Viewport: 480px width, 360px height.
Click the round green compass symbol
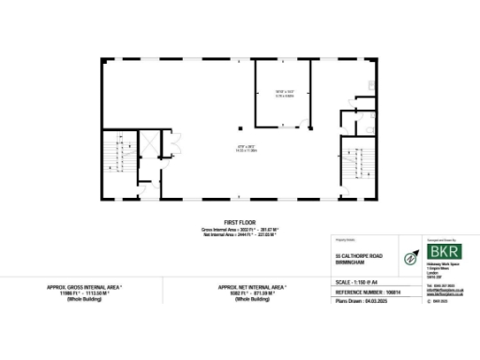click(x=411, y=257)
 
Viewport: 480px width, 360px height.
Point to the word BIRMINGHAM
click(x=349, y=263)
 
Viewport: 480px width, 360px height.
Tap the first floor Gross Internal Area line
click(x=240, y=229)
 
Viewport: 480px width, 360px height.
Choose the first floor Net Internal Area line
click(x=240, y=234)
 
